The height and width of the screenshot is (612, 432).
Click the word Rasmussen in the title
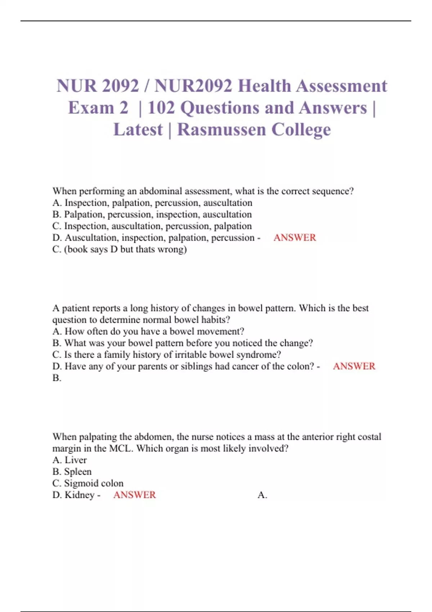pyautogui.click(x=221, y=130)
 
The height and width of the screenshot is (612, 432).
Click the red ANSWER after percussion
pyautogui.click(x=294, y=238)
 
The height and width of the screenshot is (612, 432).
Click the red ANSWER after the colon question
pyautogui.click(x=354, y=366)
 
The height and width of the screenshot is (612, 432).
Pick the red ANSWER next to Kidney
pyautogui.click(x=134, y=495)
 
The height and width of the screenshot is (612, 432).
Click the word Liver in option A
pyautogui.click(x=76, y=460)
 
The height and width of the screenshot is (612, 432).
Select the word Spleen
pyautogui.click(x=78, y=472)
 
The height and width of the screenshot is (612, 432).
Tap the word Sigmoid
pyautogui.click(x=81, y=483)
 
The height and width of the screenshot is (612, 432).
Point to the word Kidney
pyautogui.click(x=80, y=495)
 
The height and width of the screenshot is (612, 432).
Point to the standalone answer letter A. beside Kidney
pyautogui.click(x=262, y=495)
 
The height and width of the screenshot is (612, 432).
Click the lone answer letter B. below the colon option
pyautogui.click(x=57, y=378)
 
